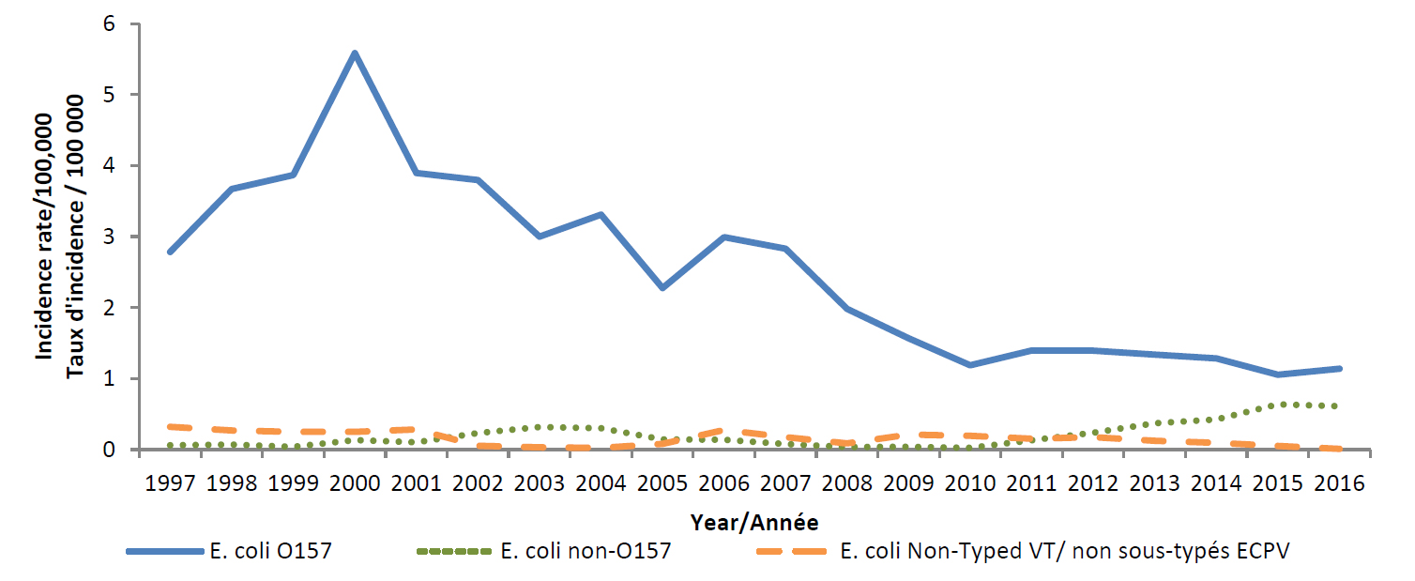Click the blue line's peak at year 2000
tap(355, 54)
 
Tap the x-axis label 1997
tap(170, 485)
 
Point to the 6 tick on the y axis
tap(121, 23)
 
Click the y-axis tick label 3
tap(121, 237)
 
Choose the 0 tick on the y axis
tap(121, 450)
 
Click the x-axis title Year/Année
tap(754, 521)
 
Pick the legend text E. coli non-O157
tap(586, 551)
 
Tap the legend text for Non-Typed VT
tap(1065, 551)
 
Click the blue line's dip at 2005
tap(662, 287)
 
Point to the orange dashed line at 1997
tap(171, 427)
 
